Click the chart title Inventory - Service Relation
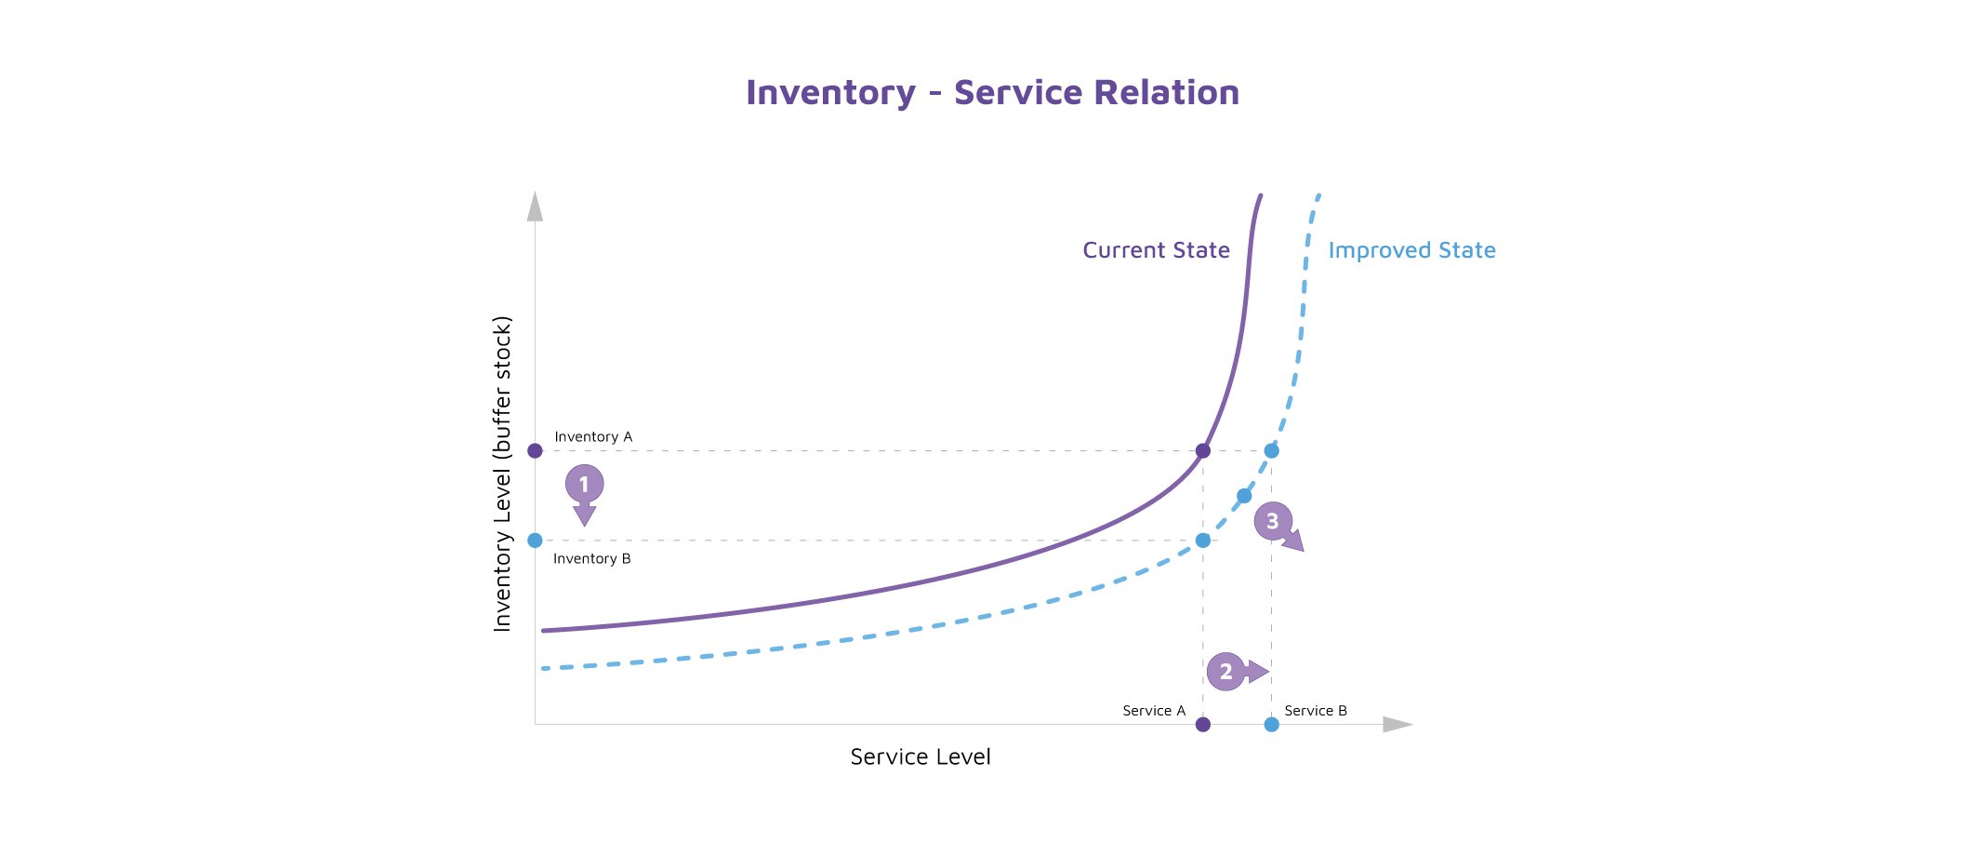coord(992,93)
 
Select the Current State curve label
coord(1156,250)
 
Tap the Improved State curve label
coord(1411,250)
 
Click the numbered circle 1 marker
coord(584,484)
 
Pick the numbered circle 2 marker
coord(1226,672)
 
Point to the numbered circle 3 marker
coord(1273,521)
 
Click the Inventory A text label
coord(593,436)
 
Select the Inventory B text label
coord(592,558)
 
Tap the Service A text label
coord(1154,711)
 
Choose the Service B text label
coord(1316,711)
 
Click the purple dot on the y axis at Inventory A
coord(535,451)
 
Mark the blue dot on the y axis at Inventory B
coord(535,541)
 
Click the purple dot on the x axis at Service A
coord(1203,725)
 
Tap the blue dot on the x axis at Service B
coord(1272,725)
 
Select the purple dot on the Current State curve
coord(1203,451)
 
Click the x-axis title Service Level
coord(921,757)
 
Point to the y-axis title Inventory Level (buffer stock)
coord(502,474)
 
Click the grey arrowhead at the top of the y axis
coord(535,207)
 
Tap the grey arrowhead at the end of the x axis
coord(1398,725)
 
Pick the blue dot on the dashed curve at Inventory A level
coord(1272,451)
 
